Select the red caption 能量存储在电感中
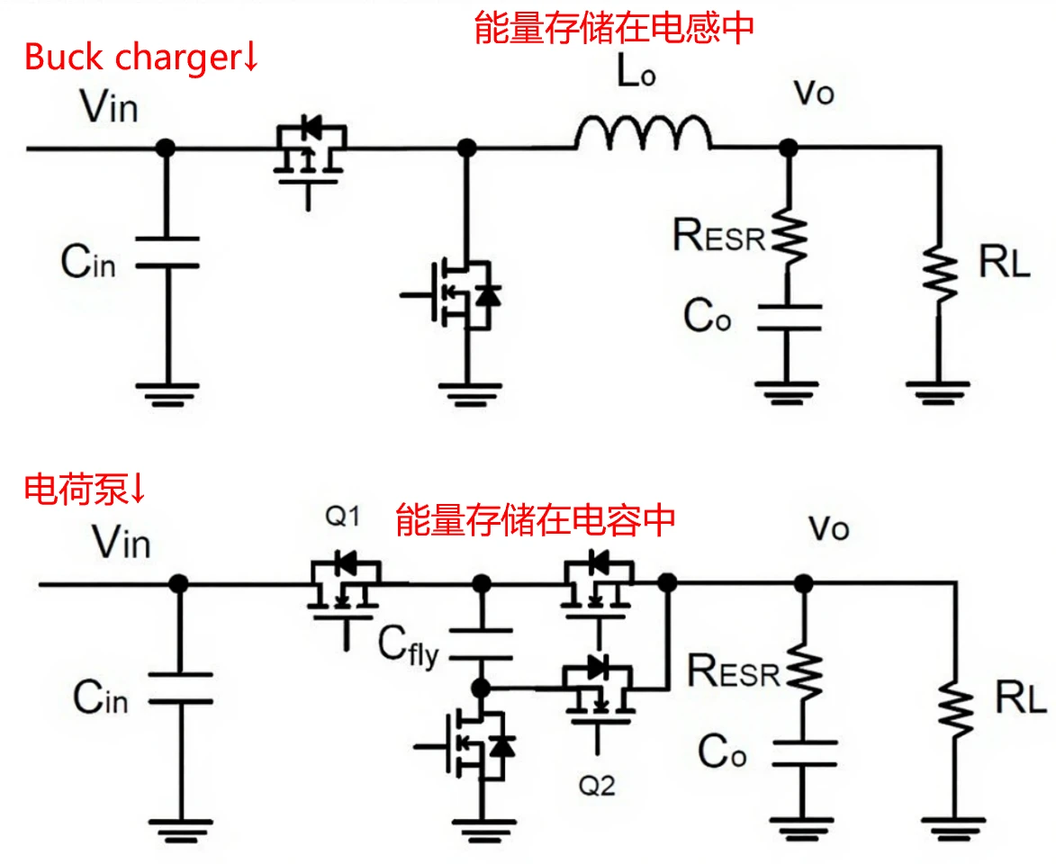coord(613,28)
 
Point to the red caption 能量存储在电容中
coord(536,519)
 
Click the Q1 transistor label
coord(343,517)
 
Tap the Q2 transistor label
coord(597,786)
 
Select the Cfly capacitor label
coord(408,647)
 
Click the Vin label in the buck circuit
coord(109,108)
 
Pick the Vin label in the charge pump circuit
coord(121,543)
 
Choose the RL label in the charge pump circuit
coord(1020,698)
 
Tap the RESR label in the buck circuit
coord(719,235)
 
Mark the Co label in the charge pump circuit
coord(722,752)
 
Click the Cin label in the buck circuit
coord(87,262)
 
